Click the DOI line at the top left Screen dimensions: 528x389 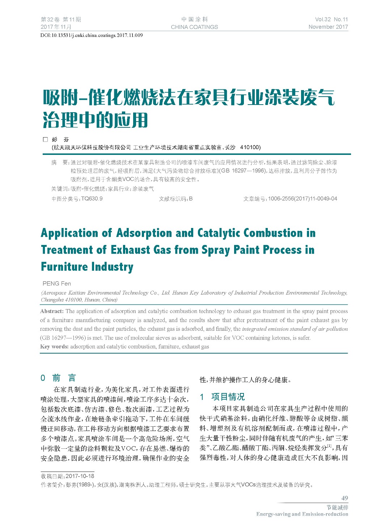click(x=92, y=35)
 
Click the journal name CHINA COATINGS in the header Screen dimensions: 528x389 click(x=194, y=27)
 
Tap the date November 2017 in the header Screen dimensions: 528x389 click(x=328, y=27)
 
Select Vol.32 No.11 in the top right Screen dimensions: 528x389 click(x=331, y=20)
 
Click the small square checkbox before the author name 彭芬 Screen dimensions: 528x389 click(x=45, y=139)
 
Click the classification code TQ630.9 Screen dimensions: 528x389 click(x=92, y=199)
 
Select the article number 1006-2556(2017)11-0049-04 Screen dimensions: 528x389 click(x=303, y=199)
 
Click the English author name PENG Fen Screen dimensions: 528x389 click(x=57, y=284)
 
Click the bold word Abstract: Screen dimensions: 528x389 click(x=52, y=311)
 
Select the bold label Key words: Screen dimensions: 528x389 click(x=54, y=347)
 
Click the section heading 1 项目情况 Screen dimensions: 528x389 click(x=222, y=397)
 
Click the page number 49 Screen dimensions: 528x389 click(x=344, y=498)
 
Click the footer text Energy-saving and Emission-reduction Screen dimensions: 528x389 click(x=302, y=514)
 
